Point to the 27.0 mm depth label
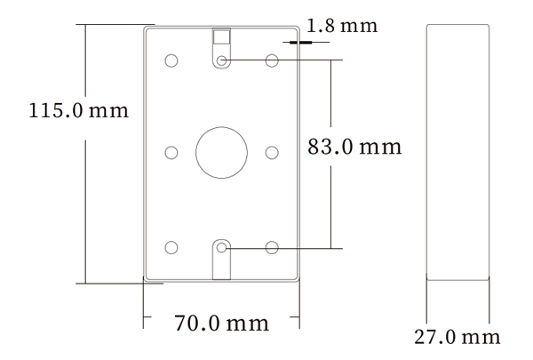click(457, 338)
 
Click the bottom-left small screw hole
click(171, 246)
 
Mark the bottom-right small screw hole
click(273, 246)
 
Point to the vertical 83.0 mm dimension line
click(330, 107)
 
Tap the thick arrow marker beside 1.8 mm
click(298, 39)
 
